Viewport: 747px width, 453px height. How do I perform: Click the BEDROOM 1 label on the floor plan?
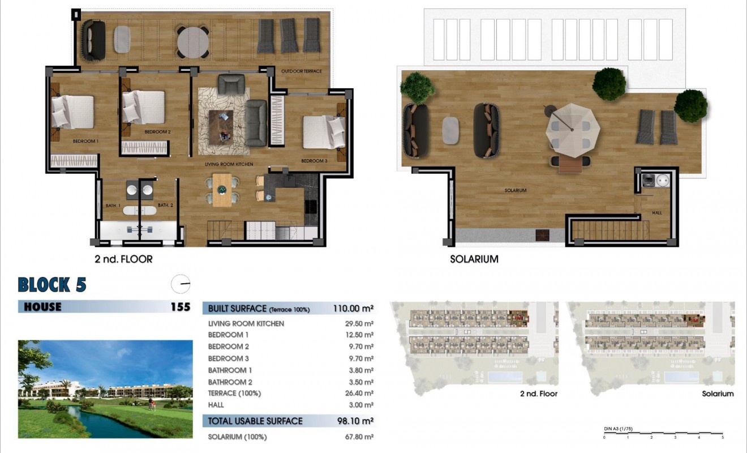click(x=85, y=141)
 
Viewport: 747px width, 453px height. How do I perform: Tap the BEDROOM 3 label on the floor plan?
click(x=314, y=161)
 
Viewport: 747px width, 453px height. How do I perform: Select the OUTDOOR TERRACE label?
click(x=302, y=71)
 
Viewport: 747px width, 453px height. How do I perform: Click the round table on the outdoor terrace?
click(x=193, y=41)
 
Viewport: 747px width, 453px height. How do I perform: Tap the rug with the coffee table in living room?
click(x=221, y=122)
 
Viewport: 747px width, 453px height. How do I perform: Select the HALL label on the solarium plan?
click(x=656, y=213)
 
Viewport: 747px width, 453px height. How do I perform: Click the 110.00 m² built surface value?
click(x=353, y=309)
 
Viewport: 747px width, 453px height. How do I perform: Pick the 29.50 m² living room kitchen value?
click(x=360, y=324)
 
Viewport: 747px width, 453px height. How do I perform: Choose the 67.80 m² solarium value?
click(x=360, y=437)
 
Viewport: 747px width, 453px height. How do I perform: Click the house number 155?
click(x=180, y=307)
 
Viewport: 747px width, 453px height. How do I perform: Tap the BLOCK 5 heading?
click(x=52, y=284)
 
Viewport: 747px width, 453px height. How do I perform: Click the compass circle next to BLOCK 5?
click(x=181, y=284)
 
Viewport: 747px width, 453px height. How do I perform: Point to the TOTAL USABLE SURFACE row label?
click(x=255, y=421)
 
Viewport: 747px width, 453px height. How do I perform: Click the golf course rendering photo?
click(x=105, y=389)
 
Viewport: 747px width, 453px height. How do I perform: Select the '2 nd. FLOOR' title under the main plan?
click(x=123, y=259)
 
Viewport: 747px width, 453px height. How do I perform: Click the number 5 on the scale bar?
click(x=722, y=438)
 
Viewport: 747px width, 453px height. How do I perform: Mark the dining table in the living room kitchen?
click(x=222, y=189)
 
